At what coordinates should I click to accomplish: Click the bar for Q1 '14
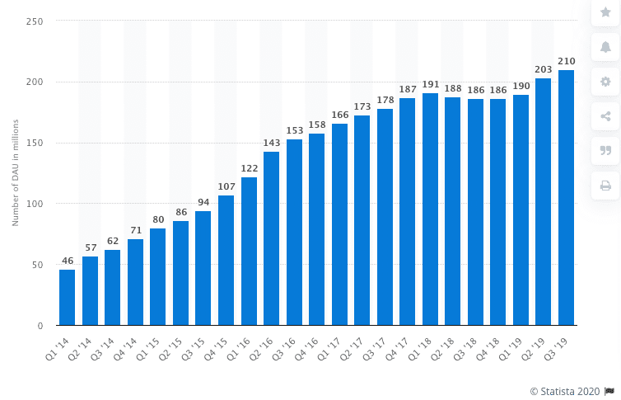point(68,297)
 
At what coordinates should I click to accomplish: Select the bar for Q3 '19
point(566,198)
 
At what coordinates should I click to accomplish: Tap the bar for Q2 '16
point(271,238)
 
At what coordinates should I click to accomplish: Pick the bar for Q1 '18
point(430,209)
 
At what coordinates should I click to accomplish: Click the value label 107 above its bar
point(226,187)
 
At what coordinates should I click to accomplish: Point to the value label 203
point(543,70)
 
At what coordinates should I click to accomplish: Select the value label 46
point(68,261)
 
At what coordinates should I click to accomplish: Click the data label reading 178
point(385,101)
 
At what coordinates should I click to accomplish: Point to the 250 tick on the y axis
point(35,21)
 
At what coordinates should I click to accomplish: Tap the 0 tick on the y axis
point(40,326)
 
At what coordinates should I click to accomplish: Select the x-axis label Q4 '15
point(221,345)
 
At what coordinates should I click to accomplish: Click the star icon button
point(605,12)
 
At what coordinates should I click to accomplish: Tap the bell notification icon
point(605,46)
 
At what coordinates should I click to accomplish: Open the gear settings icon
point(605,81)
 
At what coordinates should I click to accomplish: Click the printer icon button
point(605,185)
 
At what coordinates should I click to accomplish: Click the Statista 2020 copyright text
point(567,390)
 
